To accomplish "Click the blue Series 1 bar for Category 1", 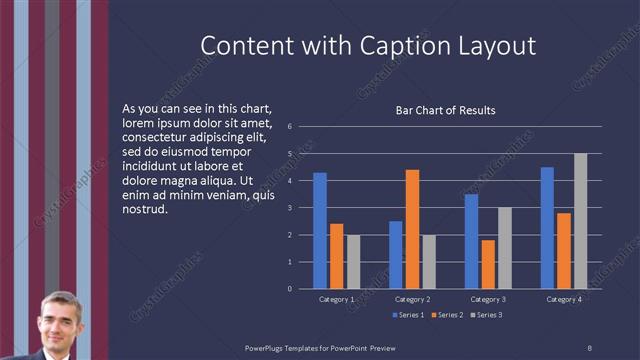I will point(320,231).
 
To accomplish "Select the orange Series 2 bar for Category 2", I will point(412,229).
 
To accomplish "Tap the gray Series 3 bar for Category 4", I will point(580,221).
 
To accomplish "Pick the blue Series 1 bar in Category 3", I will point(472,241).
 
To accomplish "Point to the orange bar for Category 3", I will point(488,264).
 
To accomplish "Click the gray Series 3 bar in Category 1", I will point(353,262).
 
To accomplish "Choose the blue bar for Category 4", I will point(547,228).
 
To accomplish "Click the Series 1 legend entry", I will point(408,316).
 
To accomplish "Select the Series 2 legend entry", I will point(447,316).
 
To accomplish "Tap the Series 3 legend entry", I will point(486,316).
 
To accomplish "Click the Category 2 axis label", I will point(412,299).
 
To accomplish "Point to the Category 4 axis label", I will point(564,299).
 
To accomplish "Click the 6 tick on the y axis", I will point(289,127).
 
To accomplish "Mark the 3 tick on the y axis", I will point(289,208).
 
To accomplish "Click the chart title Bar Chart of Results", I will point(446,110).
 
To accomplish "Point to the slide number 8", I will point(589,347).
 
